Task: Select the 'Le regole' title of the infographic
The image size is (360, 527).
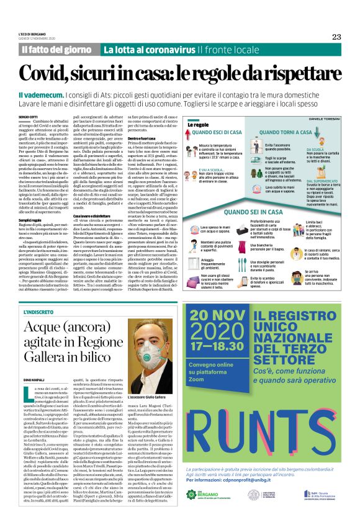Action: [196, 125]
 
